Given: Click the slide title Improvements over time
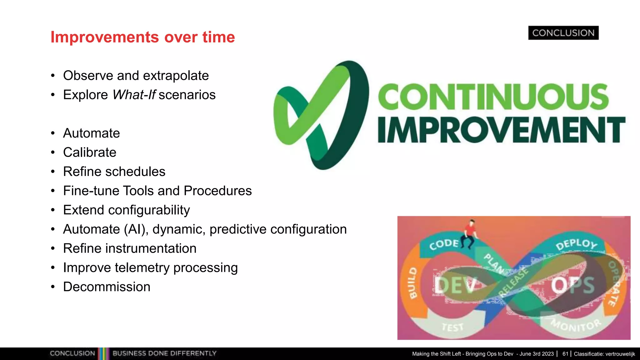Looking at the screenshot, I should point(142,37).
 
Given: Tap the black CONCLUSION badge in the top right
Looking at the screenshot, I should point(563,33).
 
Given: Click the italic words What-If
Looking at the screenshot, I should point(134,95).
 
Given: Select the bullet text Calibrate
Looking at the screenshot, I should point(90,152).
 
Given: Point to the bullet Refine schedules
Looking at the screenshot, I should point(114,172).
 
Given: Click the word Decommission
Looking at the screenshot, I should point(107,287).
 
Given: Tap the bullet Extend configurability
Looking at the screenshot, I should point(126,210).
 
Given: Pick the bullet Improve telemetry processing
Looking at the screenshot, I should point(150,268).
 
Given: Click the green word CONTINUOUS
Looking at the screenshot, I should point(493,97).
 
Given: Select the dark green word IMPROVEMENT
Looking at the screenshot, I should point(501,130).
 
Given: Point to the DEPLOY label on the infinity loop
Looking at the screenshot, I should point(577,244).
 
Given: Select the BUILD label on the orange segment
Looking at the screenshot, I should point(413,283).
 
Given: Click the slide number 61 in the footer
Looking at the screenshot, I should point(565,354).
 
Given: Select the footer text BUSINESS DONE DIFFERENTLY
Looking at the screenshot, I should point(164,353).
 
